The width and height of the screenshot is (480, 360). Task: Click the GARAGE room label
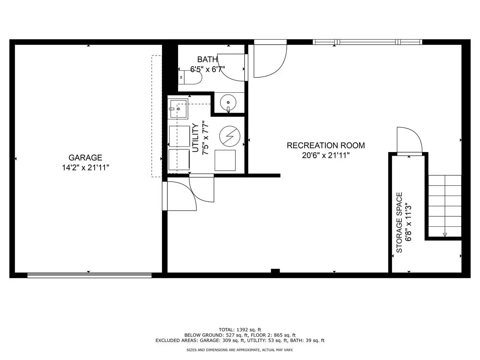pos(85,158)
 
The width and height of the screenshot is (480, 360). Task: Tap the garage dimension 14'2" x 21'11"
pos(85,167)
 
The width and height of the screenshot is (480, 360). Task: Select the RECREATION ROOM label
pos(326,145)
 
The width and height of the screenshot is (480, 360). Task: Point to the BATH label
pos(207,60)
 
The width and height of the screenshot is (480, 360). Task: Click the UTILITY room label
pos(196,138)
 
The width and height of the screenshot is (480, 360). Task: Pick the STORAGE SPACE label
pos(399,222)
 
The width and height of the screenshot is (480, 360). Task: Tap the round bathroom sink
pos(228,103)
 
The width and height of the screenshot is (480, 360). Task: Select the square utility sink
pos(178,109)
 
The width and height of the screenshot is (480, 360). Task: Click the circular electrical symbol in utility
pos(230,136)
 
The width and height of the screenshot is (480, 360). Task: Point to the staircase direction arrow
pos(445,234)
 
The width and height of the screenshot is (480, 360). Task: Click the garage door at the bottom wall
pos(89,275)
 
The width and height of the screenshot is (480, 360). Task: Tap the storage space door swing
pos(409,140)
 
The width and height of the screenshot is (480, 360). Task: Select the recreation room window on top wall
pos(367,42)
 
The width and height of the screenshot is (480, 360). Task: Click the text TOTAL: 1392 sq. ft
pos(240,330)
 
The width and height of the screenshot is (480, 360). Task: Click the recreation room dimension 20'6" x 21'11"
pos(326,155)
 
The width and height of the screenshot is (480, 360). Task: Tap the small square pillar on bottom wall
pos(275,271)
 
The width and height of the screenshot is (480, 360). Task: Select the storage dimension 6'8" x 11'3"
pos(409,222)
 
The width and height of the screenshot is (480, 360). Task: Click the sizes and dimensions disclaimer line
pos(240,350)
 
